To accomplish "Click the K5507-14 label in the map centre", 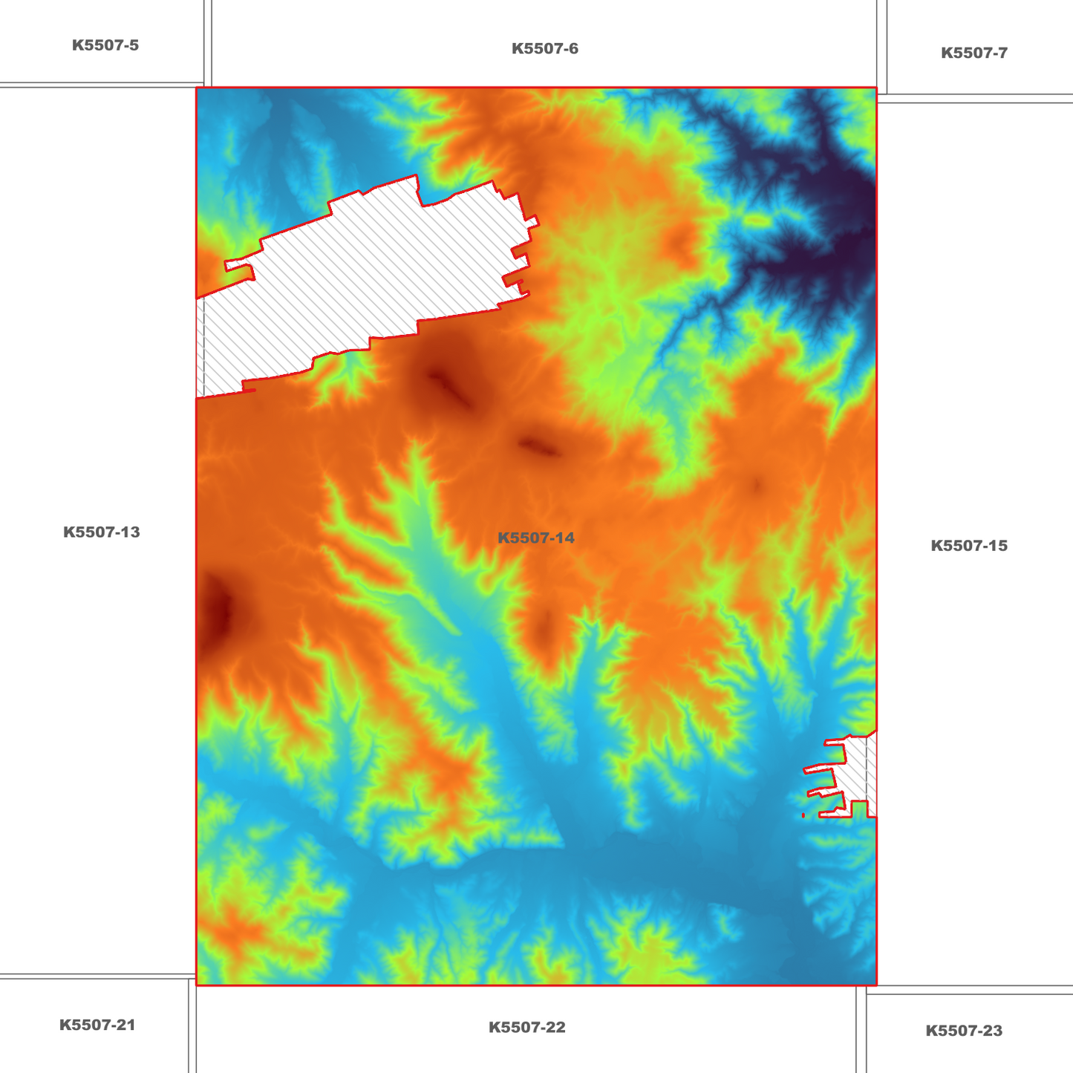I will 535,538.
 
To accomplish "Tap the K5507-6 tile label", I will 544,49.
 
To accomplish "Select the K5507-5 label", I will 105,45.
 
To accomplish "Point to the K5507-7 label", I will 973,53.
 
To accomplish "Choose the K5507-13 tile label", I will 101,532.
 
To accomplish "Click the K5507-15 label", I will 968,546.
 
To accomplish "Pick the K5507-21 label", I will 97,1025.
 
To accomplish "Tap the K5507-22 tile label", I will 526,1028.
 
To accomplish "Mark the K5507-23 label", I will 963,1031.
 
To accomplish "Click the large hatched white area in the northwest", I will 371,275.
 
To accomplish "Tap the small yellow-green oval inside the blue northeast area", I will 756,221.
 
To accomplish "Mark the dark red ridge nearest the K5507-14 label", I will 540,447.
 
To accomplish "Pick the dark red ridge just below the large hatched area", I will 448,386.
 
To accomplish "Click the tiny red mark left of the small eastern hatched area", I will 803,815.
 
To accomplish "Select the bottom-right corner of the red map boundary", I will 876,985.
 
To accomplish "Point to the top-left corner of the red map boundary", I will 196,88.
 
